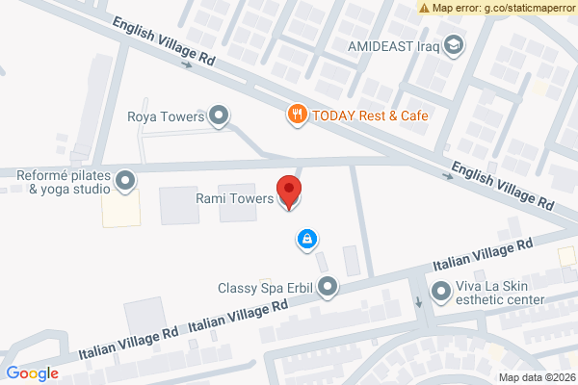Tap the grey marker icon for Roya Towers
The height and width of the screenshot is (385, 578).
coord(220,117)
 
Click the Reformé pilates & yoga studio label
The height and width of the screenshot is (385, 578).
coord(60,182)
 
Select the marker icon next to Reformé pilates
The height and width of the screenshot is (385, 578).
coord(125,180)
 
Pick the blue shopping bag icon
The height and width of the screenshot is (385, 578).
coord(306,238)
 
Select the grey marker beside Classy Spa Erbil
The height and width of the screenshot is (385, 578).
coord(328,287)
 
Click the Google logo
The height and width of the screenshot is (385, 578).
coord(32,373)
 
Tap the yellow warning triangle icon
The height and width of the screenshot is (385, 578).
coord(424,8)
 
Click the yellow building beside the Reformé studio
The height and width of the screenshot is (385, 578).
coord(121,209)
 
